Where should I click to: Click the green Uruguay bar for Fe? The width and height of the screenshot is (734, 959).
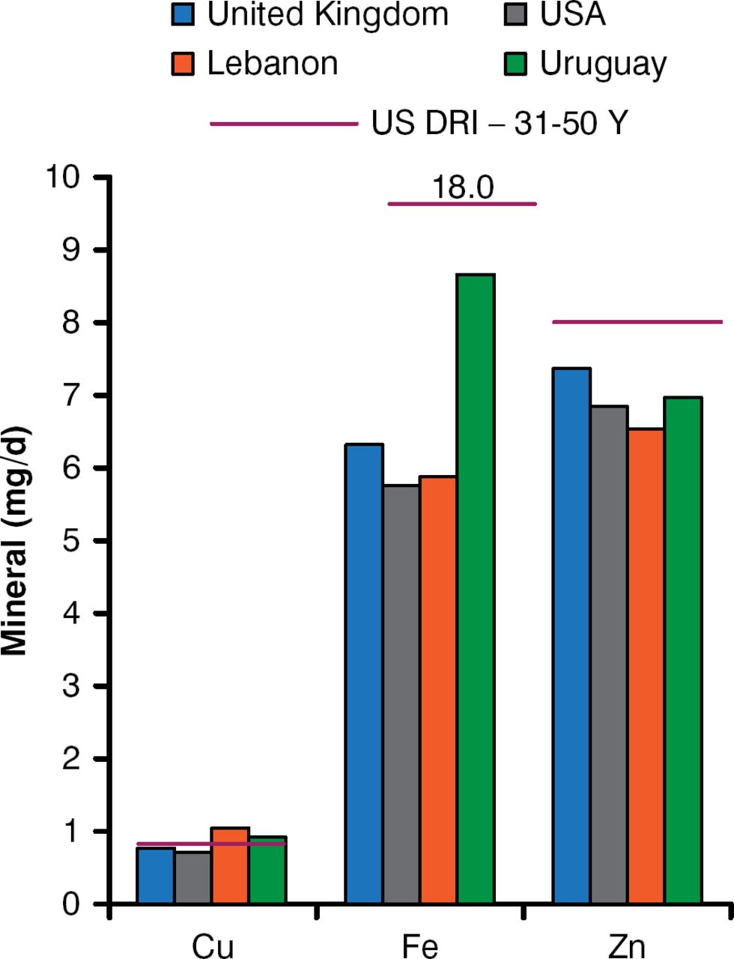(x=476, y=588)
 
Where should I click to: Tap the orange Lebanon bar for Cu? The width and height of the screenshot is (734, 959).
(x=230, y=865)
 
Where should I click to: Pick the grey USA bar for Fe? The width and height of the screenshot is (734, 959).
(x=401, y=694)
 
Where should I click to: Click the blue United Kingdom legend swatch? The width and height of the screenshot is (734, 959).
(x=183, y=16)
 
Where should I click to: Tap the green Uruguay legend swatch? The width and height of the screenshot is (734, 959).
(x=516, y=64)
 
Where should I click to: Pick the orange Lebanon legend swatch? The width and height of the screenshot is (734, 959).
(x=183, y=64)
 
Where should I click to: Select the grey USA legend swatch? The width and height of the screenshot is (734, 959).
(x=516, y=16)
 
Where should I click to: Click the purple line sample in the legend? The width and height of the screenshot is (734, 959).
(x=284, y=124)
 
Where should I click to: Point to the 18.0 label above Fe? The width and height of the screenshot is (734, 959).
(x=463, y=187)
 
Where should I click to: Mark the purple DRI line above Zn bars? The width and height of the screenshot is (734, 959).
(x=637, y=322)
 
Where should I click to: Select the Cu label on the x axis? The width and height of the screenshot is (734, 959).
(x=213, y=946)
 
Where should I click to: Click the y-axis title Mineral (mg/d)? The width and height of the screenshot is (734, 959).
(x=16, y=541)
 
